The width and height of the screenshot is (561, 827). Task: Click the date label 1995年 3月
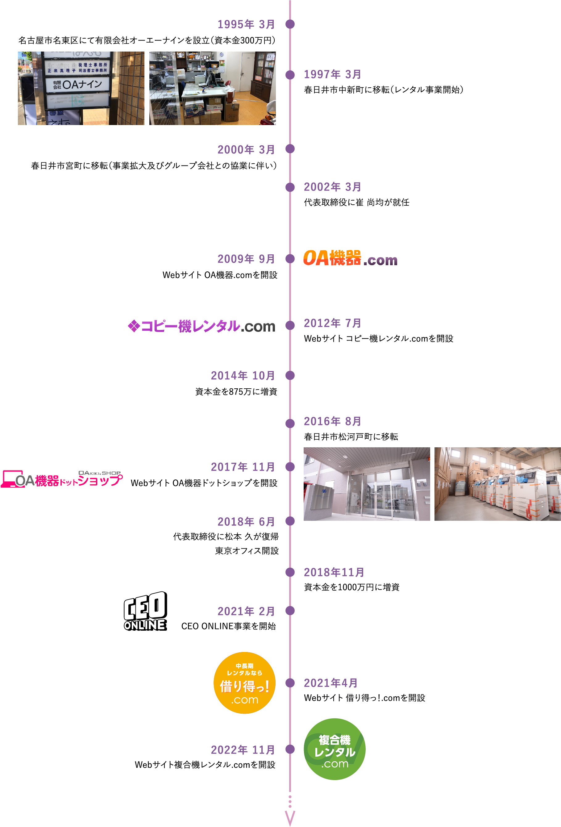(246, 24)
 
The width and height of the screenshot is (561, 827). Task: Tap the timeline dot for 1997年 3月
(290, 75)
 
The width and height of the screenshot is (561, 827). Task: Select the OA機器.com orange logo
(350, 258)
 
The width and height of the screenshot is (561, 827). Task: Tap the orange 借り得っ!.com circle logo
(244, 683)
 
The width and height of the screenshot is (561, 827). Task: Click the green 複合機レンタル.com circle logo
(335, 749)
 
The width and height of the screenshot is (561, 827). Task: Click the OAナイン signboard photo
(81, 88)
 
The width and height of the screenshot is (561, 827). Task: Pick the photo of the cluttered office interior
(212, 88)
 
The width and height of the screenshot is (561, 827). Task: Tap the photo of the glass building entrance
(366, 484)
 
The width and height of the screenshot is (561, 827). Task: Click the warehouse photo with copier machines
(497, 484)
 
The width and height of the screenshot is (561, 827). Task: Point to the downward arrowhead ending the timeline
(290, 818)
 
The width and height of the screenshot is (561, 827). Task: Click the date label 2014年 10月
(243, 375)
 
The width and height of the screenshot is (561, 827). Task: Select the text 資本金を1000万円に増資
(351, 587)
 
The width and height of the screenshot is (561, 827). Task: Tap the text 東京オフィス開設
(247, 551)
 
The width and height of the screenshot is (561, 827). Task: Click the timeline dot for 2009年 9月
(290, 259)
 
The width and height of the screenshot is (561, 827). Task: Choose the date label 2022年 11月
(243, 750)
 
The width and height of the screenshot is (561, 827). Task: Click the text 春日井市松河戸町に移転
(351, 436)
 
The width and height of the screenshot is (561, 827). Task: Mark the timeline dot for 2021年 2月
(290, 611)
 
